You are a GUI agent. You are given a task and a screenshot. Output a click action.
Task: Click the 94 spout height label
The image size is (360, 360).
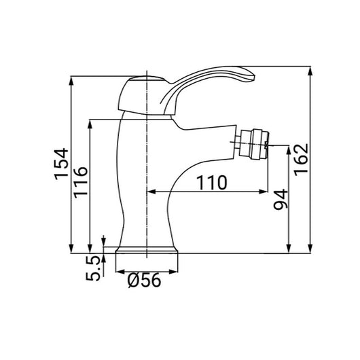pyautogui.click(x=281, y=199)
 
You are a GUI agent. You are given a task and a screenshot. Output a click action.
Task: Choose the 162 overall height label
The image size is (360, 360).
pyautogui.click(x=301, y=159)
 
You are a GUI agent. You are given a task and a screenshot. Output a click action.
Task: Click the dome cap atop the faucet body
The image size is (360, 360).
pyautogui.click(x=136, y=87)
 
